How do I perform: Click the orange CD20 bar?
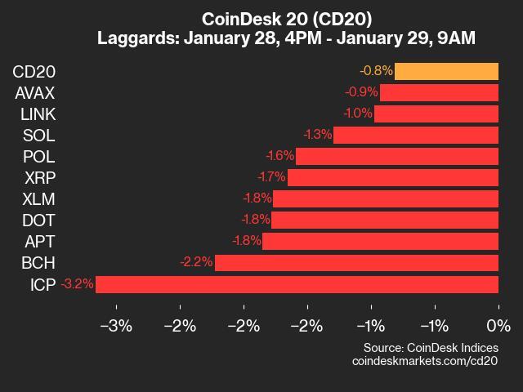pyautogui.click(x=446, y=71)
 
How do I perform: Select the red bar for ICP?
pyautogui.click(x=297, y=284)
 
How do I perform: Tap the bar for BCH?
pyautogui.click(x=356, y=263)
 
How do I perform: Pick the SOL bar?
pyautogui.click(x=416, y=135)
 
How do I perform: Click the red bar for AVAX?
pyautogui.click(x=439, y=92)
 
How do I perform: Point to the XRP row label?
pyautogui.click(x=39, y=177)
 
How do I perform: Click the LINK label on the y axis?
pyautogui.click(x=38, y=114)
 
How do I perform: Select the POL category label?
pyautogui.click(x=39, y=156)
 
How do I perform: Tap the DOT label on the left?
pyautogui.click(x=39, y=220)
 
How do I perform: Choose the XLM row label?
pyautogui.click(x=39, y=198)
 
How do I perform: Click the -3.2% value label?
pyautogui.click(x=78, y=284)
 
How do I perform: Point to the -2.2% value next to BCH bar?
pyautogui.click(x=196, y=263)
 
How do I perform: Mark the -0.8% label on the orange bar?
pyautogui.click(x=376, y=71)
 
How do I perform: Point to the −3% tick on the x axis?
pyautogui.click(x=116, y=327)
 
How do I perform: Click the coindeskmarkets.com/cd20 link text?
pyautogui.click(x=424, y=360)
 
